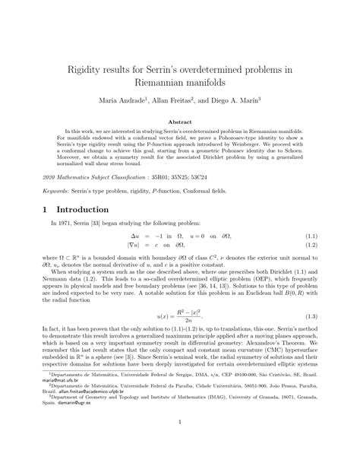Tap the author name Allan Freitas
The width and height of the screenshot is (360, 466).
[184, 99]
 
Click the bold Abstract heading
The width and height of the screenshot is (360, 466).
[180, 122]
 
